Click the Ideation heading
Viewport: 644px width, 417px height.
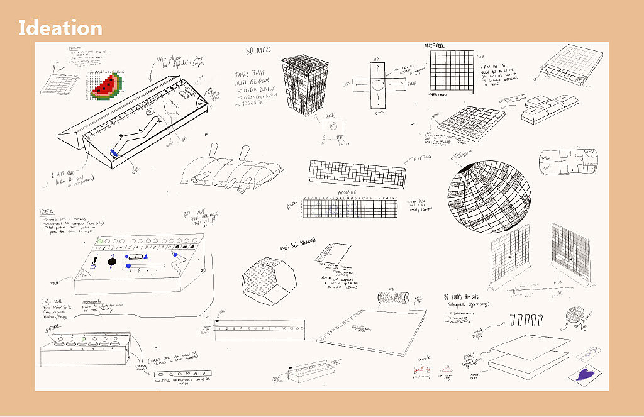(60, 28)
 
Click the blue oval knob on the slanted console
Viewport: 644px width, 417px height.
(114, 152)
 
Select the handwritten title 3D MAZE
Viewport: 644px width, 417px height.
(259, 52)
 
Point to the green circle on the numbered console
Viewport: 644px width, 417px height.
(99, 241)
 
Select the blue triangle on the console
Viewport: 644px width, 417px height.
(145, 256)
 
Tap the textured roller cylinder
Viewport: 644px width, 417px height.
(393, 297)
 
